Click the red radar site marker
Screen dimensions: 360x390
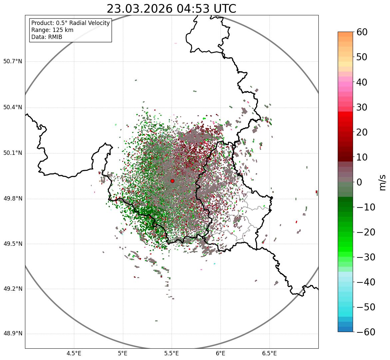tap(172, 181)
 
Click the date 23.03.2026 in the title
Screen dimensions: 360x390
tap(140, 9)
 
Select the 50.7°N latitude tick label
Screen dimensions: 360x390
tap(13, 61)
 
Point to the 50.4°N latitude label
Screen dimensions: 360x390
tap(13, 107)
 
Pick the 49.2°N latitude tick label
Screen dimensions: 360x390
tap(13, 289)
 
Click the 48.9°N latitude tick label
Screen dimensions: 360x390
tap(13, 334)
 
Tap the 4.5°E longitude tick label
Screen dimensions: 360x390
tap(74, 353)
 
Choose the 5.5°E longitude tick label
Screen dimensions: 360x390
tap(172, 353)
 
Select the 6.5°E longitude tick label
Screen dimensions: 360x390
tap(269, 353)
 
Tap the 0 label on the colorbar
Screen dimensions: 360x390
tap(359, 182)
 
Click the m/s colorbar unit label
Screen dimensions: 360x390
tap(382, 182)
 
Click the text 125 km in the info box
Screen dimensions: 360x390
tap(62, 30)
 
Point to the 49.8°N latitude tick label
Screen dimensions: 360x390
tap(13, 198)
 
